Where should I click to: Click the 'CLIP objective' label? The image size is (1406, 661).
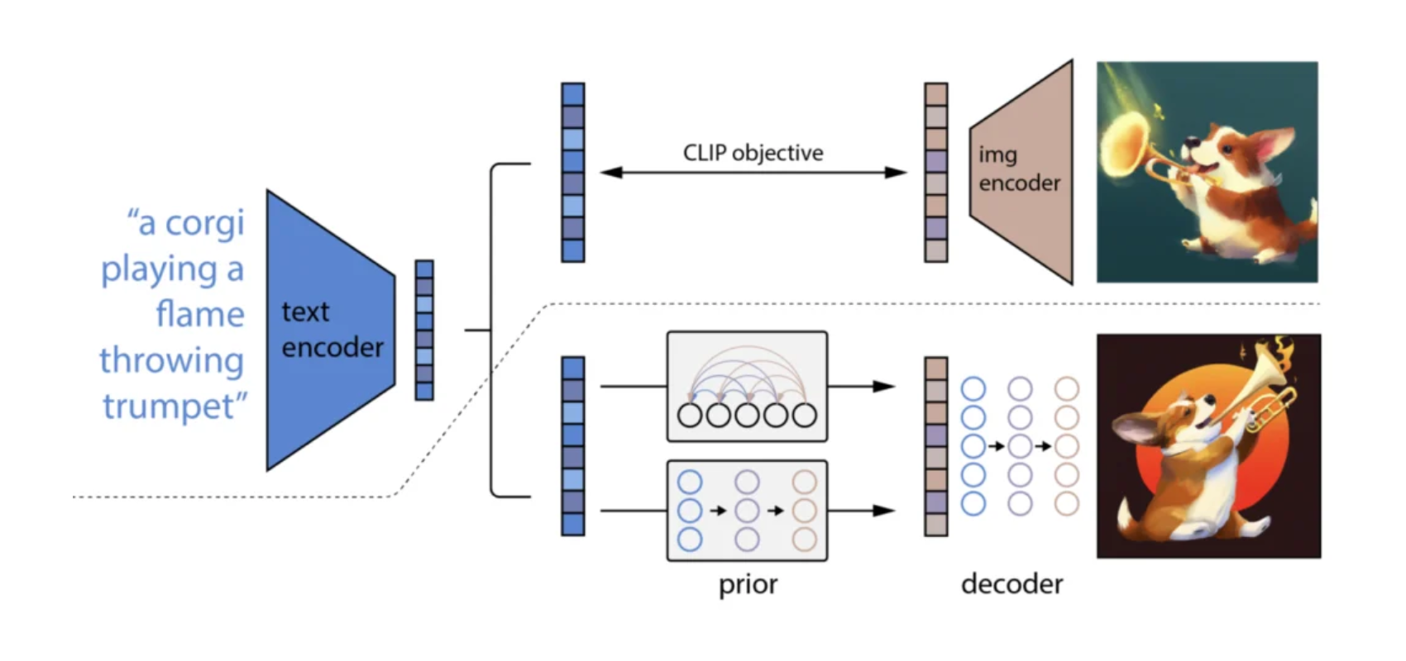753,153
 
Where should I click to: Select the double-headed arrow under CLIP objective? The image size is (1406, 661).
753,173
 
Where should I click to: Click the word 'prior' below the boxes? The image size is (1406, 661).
748,584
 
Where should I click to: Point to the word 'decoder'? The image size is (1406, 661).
1011,584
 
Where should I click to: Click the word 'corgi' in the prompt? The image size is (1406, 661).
203,223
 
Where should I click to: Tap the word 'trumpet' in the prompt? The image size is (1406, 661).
170,407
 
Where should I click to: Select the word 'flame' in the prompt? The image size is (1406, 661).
199,315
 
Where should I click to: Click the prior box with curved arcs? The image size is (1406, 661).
747,386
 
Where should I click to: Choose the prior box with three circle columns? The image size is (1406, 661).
747,511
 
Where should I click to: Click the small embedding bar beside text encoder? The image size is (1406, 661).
424,330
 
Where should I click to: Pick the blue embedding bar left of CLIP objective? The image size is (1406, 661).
573,173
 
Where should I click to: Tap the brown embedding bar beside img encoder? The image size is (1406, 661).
936,173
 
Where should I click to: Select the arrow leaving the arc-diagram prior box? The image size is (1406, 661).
861,386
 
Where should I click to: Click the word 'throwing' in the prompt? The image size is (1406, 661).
171,361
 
